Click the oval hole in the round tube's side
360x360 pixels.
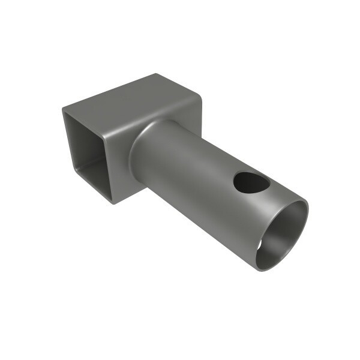coord(251,182)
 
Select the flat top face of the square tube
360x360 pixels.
coord(132,102)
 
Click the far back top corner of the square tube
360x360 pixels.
coord(157,75)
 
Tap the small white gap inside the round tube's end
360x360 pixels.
coord(260,245)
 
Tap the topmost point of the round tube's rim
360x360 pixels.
coord(300,201)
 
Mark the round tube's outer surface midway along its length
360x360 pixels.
coord(192,174)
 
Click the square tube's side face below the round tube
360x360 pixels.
coord(129,189)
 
